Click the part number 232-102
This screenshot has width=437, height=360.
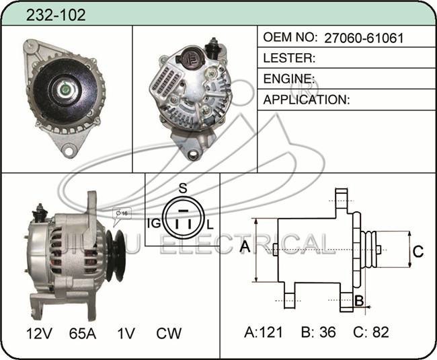click(56, 15)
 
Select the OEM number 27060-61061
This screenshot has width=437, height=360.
click(364, 38)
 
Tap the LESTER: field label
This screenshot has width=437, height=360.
click(289, 58)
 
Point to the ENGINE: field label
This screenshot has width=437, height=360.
click(288, 79)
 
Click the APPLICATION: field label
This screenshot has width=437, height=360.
click(307, 100)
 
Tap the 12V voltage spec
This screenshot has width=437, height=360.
click(39, 334)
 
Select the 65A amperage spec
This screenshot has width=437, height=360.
click(83, 334)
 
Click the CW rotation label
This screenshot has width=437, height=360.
click(169, 334)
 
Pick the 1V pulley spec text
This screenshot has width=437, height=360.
click(126, 334)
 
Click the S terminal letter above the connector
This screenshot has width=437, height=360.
click(183, 188)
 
